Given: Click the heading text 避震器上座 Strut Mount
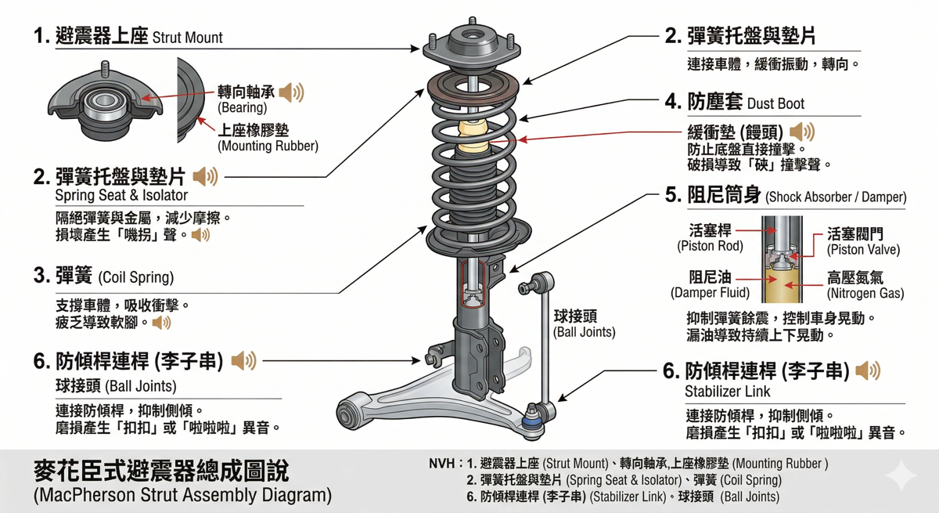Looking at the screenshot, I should pos(128,36).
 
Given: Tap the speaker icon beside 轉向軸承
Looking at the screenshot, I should pos(291,92).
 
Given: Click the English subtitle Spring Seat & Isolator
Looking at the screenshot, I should pos(121,196).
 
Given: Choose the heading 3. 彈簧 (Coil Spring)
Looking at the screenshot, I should pos(103,276).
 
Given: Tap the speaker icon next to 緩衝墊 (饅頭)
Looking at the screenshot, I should pos(802,132).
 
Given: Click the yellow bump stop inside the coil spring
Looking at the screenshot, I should pos(471,137).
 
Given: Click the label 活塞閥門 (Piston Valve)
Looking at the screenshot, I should pos(863,241).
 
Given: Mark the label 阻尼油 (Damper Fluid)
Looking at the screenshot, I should pos(710,285).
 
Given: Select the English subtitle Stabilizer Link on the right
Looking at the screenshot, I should pos(727,392).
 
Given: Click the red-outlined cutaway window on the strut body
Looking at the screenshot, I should pos(473,285).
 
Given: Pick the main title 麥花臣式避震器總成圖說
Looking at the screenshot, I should pos(160,471).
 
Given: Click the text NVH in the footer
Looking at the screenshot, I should pos(443,464).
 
